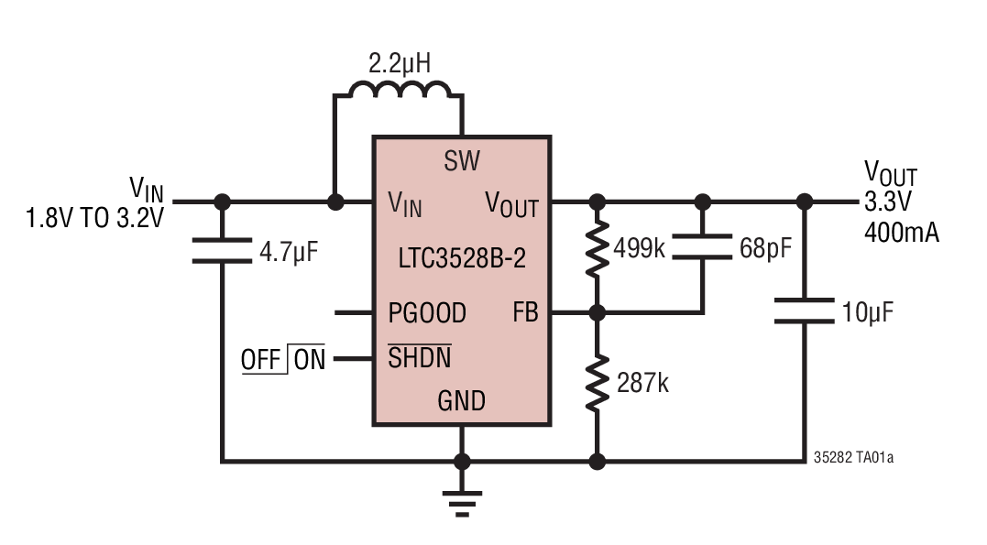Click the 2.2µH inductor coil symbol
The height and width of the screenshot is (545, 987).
[x=399, y=89]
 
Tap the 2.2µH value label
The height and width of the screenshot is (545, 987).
[x=399, y=63]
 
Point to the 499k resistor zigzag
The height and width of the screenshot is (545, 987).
[x=597, y=248]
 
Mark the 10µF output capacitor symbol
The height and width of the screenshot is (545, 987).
[x=804, y=311]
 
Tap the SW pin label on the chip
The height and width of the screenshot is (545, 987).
[x=462, y=162]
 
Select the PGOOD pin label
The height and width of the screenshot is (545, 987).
[x=426, y=313]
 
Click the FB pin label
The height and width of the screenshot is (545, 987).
[x=525, y=313]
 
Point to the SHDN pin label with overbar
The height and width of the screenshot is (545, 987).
[x=419, y=358]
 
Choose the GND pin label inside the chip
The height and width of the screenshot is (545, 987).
[x=461, y=400]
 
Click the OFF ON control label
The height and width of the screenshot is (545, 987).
[x=283, y=359]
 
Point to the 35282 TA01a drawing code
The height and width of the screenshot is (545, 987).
[x=852, y=455]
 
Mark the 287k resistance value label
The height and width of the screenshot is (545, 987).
[x=642, y=382]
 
